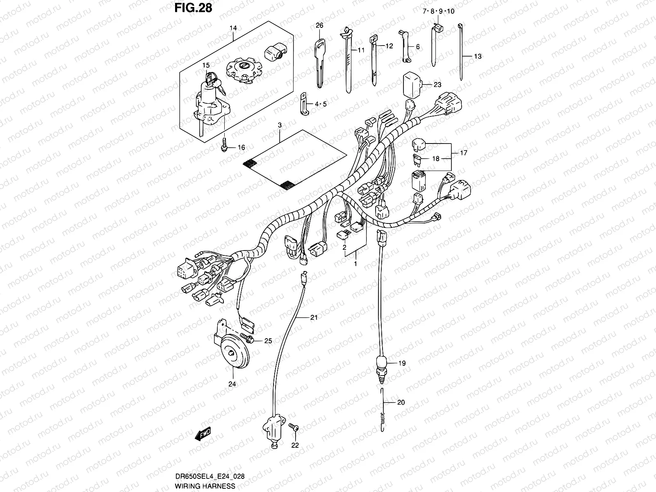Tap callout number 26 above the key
coord(319,25)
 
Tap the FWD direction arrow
coord(203,433)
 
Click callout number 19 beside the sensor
coord(401,363)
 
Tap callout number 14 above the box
coord(233,28)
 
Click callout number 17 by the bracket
coord(463,153)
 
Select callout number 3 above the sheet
coord(279,124)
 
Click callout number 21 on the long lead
coord(314,317)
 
